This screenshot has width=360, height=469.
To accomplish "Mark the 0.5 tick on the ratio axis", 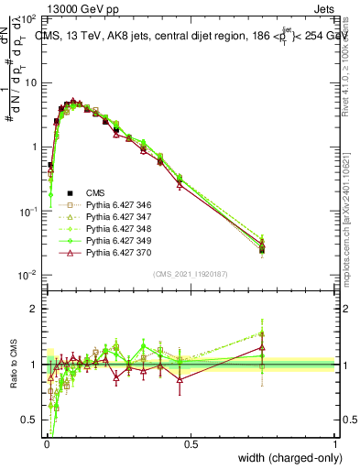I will (29, 423).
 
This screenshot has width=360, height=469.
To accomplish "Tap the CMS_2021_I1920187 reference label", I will (190, 274).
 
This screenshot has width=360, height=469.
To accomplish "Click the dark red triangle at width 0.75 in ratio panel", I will (262, 347).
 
